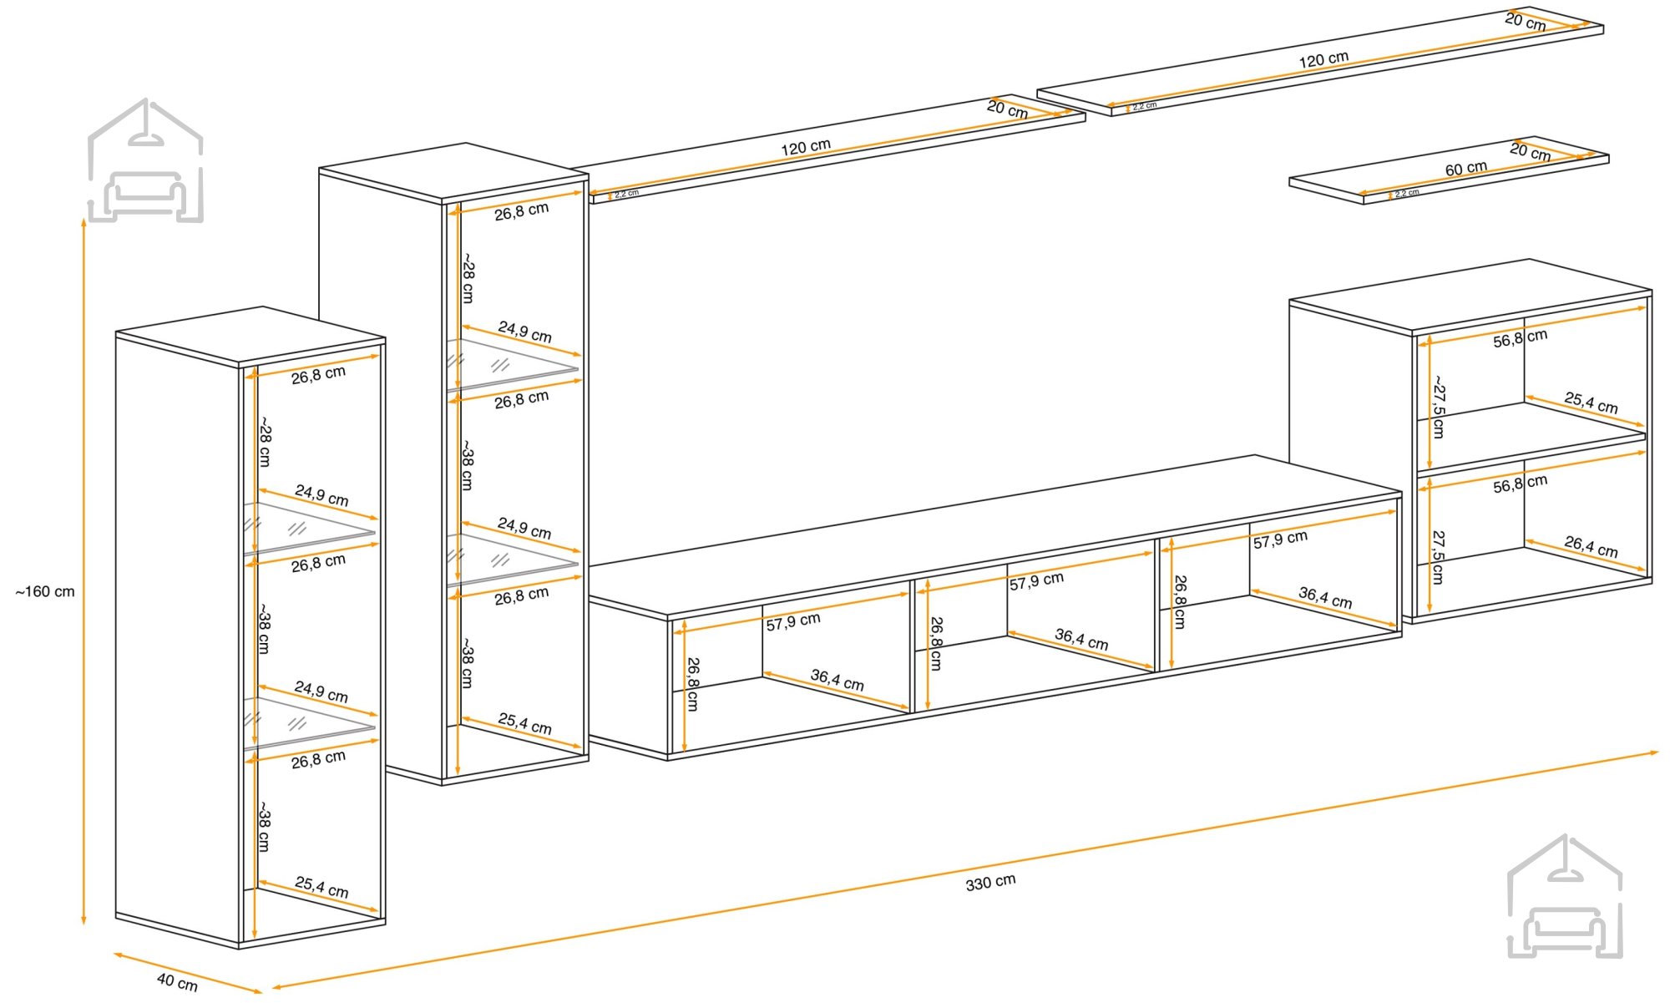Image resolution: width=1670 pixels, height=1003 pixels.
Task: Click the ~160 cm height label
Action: click(x=45, y=592)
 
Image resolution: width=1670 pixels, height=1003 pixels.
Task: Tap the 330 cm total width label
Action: click(x=990, y=883)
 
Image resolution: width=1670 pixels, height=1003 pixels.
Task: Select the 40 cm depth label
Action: click(x=177, y=982)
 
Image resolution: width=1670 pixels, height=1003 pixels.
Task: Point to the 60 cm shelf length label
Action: click(x=1466, y=169)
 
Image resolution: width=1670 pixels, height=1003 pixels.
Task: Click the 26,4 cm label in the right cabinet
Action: click(x=1591, y=547)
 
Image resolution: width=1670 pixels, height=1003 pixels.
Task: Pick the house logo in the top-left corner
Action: click(x=146, y=160)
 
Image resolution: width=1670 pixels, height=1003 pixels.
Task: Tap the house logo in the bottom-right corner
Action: click(x=1565, y=896)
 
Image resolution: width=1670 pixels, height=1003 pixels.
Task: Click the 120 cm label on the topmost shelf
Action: click(x=1323, y=59)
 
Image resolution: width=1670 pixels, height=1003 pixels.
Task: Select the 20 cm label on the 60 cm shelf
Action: click(x=1530, y=151)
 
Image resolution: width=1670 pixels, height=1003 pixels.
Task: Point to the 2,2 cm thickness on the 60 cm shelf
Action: click(x=1406, y=193)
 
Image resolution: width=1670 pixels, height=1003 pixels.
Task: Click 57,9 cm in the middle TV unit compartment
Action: click(x=1036, y=581)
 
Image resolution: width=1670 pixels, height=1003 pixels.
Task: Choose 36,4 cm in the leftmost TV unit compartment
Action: click(x=837, y=680)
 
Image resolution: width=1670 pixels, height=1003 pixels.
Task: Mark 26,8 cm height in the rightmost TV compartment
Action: click(x=1179, y=601)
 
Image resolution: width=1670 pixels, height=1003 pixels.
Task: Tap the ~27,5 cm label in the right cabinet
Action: click(x=1438, y=407)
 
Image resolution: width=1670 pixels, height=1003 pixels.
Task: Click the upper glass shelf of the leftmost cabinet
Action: click(x=309, y=527)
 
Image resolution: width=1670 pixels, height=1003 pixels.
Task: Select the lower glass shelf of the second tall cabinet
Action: click(x=512, y=559)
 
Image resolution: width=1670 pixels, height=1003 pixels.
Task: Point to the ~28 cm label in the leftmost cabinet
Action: click(x=264, y=442)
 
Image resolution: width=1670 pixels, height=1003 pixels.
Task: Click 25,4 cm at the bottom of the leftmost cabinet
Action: click(x=321, y=886)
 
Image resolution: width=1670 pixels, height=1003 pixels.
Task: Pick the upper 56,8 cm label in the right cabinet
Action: click(x=1520, y=338)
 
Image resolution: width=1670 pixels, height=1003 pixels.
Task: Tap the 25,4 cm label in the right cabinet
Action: click(x=1591, y=403)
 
